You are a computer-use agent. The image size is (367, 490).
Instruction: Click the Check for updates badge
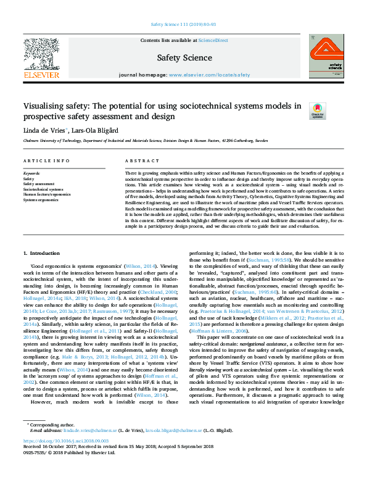pyautogui.click(x=300, y=110)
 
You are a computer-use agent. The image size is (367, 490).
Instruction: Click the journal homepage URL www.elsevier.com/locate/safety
pyautogui.click(x=209, y=74)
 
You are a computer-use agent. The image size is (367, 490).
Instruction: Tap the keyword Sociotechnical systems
pyautogui.click(x=43, y=189)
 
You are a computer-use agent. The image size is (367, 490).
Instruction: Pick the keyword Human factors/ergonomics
pyautogui.click(x=47, y=195)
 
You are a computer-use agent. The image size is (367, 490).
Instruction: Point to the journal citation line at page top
pyautogui.click(x=183, y=24)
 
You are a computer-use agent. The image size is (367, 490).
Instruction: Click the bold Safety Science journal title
pyautogui.click(x=184, y=58)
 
